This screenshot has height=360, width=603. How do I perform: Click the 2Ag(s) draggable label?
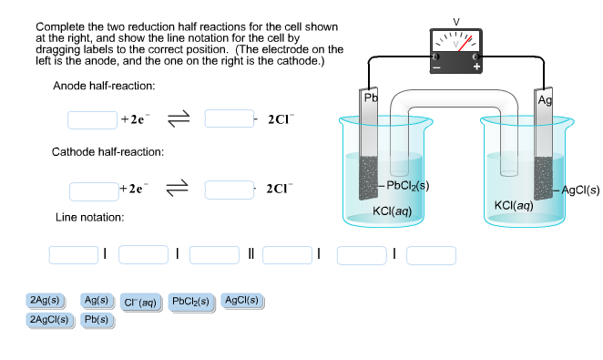click(x=45, y=300)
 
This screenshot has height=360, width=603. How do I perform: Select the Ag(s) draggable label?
click(x=96, y=300)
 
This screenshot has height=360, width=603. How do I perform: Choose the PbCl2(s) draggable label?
click(x=190, y=301)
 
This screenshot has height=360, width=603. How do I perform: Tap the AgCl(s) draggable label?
click(x=241, y=300)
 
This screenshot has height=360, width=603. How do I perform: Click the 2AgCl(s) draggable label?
click(x=48, y=320)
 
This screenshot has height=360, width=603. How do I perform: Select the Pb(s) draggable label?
click(x=96, y=320)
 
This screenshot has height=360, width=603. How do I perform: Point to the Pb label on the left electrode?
click(x=370, y=98)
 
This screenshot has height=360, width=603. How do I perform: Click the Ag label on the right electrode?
click(x=545, y=99)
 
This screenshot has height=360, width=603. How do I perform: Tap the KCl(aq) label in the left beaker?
click(x=393, y=211)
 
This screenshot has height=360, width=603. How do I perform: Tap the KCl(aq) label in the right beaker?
click(x=513, y=206)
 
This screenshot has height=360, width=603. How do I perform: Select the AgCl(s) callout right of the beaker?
click(x=580, y=190)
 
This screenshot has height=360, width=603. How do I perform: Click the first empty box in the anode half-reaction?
click(x=93, y=119)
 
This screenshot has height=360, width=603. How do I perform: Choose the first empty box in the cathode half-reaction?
click(x=93, y=190)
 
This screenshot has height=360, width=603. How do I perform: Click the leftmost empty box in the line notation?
click(x=73, y=254)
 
